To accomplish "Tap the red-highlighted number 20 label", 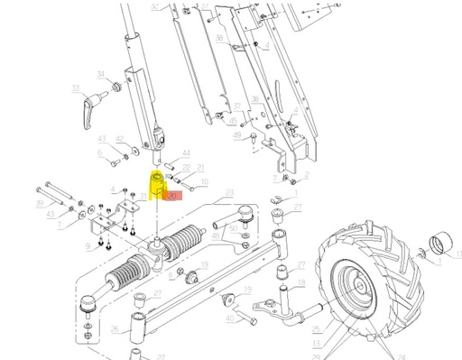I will [x=173, y=193].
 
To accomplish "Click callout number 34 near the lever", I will [x=100, y=74].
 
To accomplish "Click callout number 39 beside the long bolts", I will [x=40, y=205].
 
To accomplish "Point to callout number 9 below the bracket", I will [x=88, y=245].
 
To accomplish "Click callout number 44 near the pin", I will [x=187, y=154].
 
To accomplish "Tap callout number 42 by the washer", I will [x=122, y=139].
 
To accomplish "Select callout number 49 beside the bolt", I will [x=236, y=135].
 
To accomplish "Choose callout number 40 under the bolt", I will [x=229, y=319].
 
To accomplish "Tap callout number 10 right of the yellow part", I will [x=205, y=182].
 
